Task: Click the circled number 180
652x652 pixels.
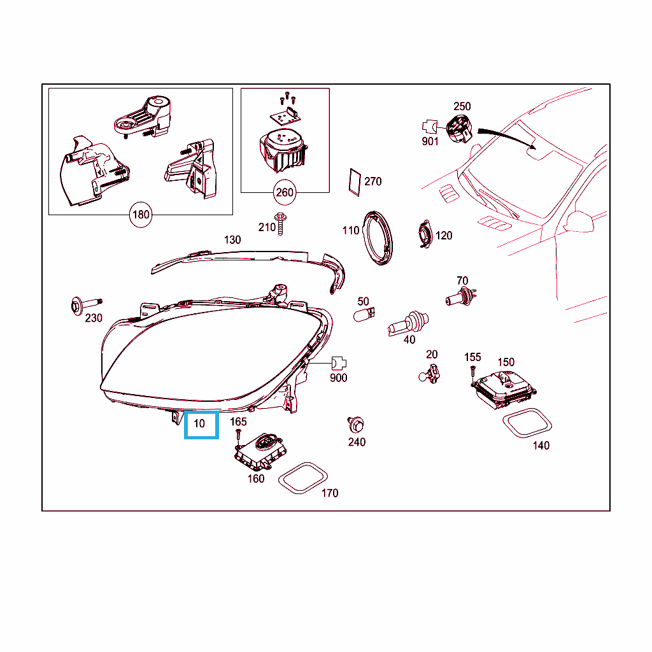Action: click(x=141, y=215)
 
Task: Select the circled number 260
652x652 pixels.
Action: click(x=285, y=192)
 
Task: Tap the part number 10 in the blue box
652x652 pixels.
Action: click(x=199, y=423)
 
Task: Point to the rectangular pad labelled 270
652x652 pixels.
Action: click(x=355, y=182)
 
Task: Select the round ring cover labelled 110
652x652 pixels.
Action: click(x=378, y=238)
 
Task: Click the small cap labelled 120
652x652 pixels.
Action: click(x=425, y=234)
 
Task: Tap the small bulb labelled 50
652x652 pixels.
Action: click(x=364, y=315)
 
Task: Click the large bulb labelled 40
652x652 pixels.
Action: click(x=408, y=323)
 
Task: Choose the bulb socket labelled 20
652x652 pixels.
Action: click(x=430, y=374)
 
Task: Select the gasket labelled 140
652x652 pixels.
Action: click(x=527, y=423)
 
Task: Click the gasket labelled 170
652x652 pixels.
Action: click(x=302, y=478)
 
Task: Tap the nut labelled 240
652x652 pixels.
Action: click(x=356, y=425)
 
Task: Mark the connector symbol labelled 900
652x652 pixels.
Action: click(x=339, y=364)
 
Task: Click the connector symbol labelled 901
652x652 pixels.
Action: click(x=430, y=127)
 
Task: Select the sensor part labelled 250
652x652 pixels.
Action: click(x=459, y=129)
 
